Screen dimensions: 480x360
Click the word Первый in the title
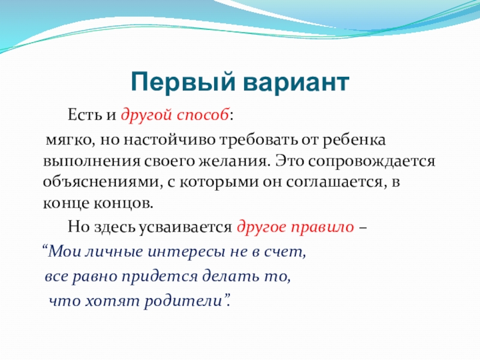coord(183,82)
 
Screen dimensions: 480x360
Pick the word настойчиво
coord(170,140)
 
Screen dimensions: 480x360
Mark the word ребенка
coord(354,140)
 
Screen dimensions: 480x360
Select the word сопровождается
coord(371,161)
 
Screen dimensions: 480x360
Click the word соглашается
coord(335,182)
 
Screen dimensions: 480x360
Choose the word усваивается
coord(185,227)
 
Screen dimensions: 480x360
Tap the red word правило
coord(322,227)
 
